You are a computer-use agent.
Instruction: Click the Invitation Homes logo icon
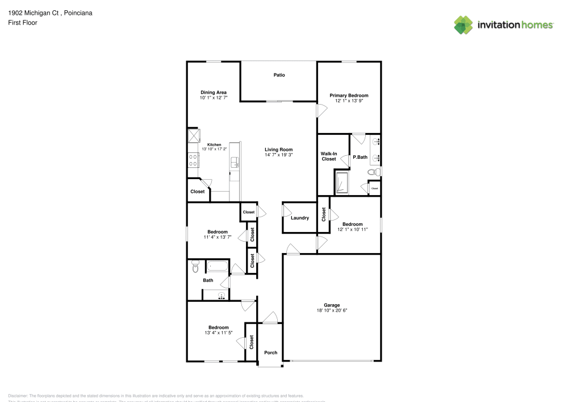(463, 25)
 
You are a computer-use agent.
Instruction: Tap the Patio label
(279, 75)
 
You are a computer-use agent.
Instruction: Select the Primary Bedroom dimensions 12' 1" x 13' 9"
(349, 101)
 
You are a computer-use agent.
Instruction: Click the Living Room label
(278, 150)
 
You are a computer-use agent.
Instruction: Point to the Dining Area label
(214, 92)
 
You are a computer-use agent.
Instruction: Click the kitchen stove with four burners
(193, 160)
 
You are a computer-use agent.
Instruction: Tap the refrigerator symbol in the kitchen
(193, 135)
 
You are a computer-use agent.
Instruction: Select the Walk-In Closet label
(329, 156)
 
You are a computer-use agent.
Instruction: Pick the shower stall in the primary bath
(343, 183)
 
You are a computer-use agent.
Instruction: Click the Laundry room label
(299, 218)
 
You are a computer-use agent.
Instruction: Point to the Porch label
(271, 353)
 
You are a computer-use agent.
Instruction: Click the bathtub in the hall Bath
(217, 266)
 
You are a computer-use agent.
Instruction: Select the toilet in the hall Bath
(195, 266)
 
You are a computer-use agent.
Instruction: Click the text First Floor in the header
(22, 23)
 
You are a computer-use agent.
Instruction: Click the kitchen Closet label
(197, 192)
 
